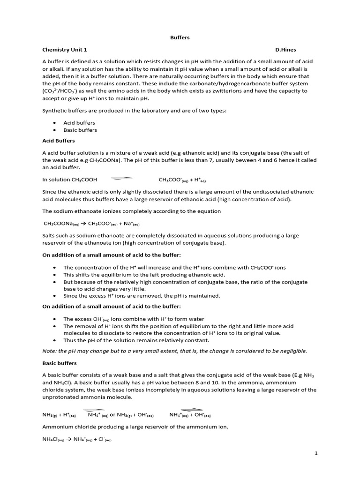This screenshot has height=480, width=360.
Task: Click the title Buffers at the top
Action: (x=180, y=38)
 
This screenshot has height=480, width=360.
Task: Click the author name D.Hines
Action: (x=286, y=50)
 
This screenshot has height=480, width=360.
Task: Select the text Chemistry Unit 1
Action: (x=65, y=50)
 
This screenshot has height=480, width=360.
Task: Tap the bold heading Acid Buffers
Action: (x=59, y=141)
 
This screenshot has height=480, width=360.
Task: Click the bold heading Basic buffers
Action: (x=60, y=363)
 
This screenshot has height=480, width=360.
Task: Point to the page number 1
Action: (x=316, y=453)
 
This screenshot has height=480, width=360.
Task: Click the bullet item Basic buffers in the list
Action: (x=80, y=130)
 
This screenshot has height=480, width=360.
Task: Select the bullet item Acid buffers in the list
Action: (x=79, y=123)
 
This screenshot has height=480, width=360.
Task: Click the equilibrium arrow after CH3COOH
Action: (x=121, y=179)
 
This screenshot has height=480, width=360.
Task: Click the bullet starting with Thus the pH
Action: (x=136, y=340)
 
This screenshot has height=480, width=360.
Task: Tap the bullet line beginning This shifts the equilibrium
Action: (x=144, y=275)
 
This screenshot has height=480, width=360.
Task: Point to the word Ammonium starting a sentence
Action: (x=58, y=427)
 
